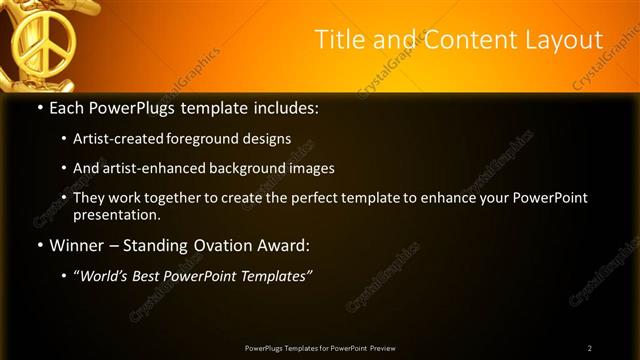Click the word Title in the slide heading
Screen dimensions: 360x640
338,40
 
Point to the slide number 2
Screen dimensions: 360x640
590,348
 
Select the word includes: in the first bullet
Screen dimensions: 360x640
287,107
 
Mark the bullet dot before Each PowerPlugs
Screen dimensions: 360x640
39,107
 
